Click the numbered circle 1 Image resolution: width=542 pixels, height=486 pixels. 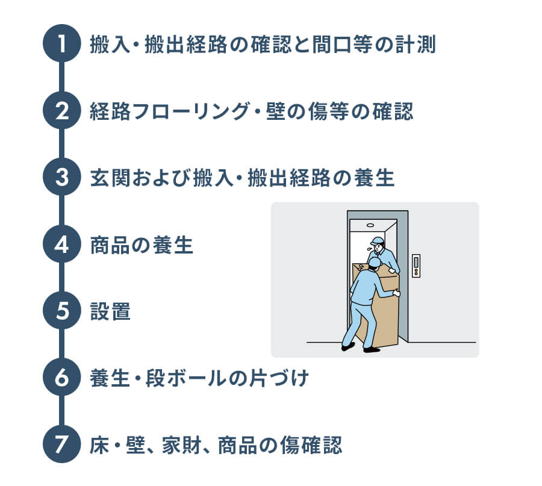point(62,45)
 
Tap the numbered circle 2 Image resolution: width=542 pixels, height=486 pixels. point(62,111)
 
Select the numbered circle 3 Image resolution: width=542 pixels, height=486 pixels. point(62,178)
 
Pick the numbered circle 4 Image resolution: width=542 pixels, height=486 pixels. point(62,245)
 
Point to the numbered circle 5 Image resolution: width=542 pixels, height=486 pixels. point(62,312)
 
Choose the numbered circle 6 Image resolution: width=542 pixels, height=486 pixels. point(62,379)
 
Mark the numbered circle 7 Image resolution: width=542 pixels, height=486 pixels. point(62,446)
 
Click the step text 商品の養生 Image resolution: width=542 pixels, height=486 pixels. point(142,246)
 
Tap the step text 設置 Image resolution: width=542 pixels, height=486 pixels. point(110,313)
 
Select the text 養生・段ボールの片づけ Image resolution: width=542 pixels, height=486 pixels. point(199,379)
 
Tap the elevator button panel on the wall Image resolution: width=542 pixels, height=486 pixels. point(416,265)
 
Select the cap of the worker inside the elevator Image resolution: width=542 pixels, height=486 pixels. point(378,241)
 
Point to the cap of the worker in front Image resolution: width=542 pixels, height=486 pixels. point(374,262)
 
